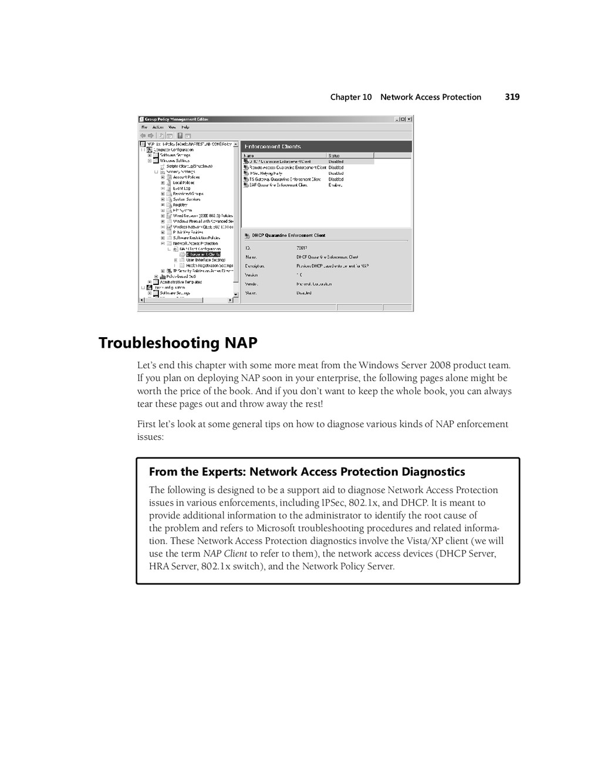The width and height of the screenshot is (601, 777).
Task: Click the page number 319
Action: (512, 97)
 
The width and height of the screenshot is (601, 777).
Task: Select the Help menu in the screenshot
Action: (185, 127)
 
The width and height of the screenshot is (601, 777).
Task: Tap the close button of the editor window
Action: (409, 119)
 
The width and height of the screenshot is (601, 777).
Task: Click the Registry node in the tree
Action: (180, 205)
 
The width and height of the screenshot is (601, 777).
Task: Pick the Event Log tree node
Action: (181, 188)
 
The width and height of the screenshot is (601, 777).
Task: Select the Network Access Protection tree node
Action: (195, 243)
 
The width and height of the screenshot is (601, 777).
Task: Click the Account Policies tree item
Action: (186, 177)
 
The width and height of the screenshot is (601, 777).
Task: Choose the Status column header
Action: (334, 155)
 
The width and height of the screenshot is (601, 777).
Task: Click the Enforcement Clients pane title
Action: (272, 147)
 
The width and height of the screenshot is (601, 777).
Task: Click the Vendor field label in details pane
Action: (251, 284)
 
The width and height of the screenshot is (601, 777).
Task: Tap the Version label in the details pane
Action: (251, 275)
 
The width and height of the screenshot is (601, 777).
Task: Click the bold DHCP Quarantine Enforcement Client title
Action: (288, 236)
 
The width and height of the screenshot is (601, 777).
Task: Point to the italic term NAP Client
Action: (225, 554)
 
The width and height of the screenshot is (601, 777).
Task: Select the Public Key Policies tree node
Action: (188, 232)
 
